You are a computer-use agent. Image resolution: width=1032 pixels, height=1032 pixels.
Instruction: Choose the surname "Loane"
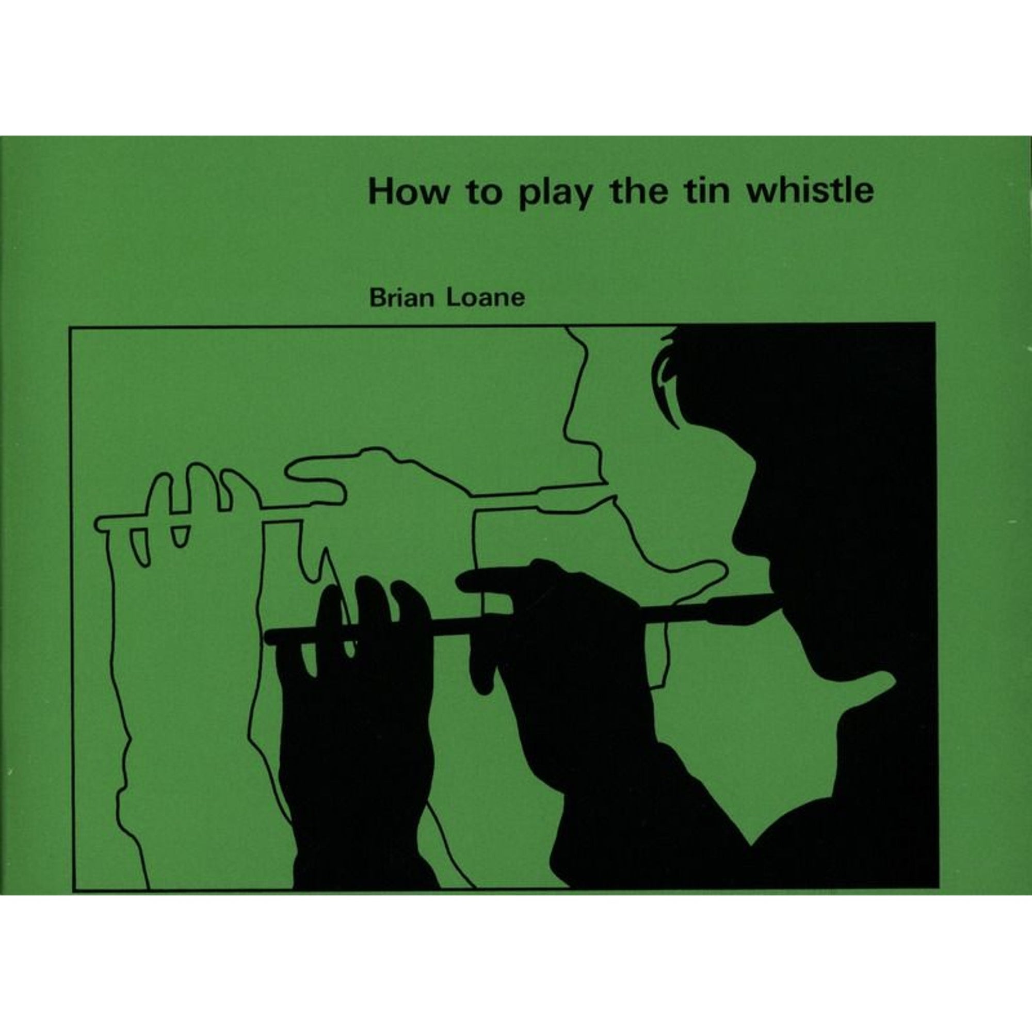(x=486, y=298)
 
